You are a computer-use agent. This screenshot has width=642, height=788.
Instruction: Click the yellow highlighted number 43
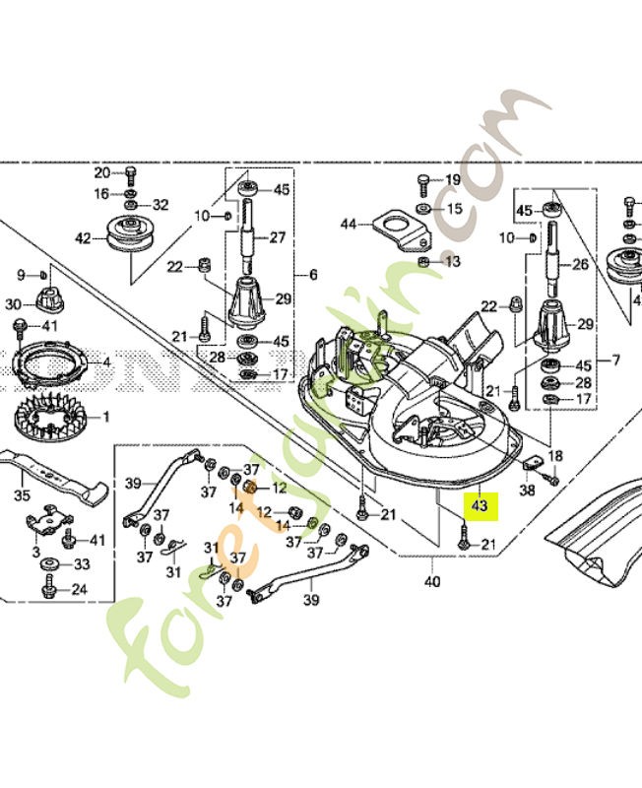(481, 505)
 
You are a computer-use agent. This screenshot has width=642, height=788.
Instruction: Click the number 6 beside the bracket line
(313, 275)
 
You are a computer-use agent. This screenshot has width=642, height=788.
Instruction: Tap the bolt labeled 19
(422, 180)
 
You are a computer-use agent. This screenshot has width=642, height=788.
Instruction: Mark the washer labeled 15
(422, 210)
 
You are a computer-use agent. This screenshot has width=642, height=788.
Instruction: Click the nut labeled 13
(422, 261)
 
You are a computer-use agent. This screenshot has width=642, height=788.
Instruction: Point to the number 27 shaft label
(279, 237)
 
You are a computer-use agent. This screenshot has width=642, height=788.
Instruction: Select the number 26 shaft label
(580, 264)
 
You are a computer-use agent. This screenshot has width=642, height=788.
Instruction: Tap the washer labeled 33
(50, 564)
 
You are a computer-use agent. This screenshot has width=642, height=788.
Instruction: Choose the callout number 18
(557, 456)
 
